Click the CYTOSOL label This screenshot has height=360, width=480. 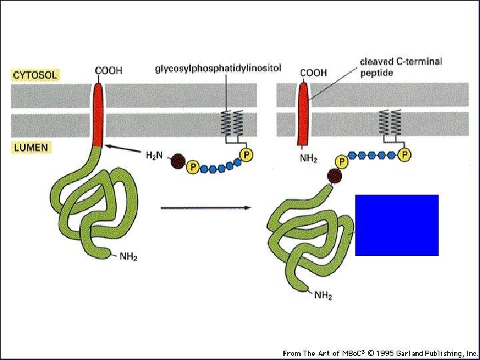[x=35, y=75]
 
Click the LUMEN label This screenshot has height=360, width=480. [x=31, y=148]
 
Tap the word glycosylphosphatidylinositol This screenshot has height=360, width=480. [x=217, y=68]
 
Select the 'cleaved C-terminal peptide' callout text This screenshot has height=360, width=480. [x=401, y=67]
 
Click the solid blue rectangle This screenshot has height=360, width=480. [x=397, y=225]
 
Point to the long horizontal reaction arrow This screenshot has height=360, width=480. [x=206, y=208]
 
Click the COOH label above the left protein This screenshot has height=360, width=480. [x=109, y=71]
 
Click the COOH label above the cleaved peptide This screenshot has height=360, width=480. [x=313, y=73]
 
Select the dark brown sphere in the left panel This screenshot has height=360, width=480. [x=178, y=161]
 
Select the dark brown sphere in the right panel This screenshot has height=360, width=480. [x=335, y=176]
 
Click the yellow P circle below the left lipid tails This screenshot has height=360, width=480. [x=247, y=155]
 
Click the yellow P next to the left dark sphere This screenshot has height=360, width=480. [x=193, y=167]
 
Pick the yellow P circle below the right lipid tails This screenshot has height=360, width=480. [x=405, y=155]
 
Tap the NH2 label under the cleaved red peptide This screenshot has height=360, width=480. [x=309, y=159]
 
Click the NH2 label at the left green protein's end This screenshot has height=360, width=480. [x=128, y=256]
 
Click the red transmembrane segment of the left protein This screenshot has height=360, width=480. [x=99, y=115]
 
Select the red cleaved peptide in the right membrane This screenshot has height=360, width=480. [x=303, y=113]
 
